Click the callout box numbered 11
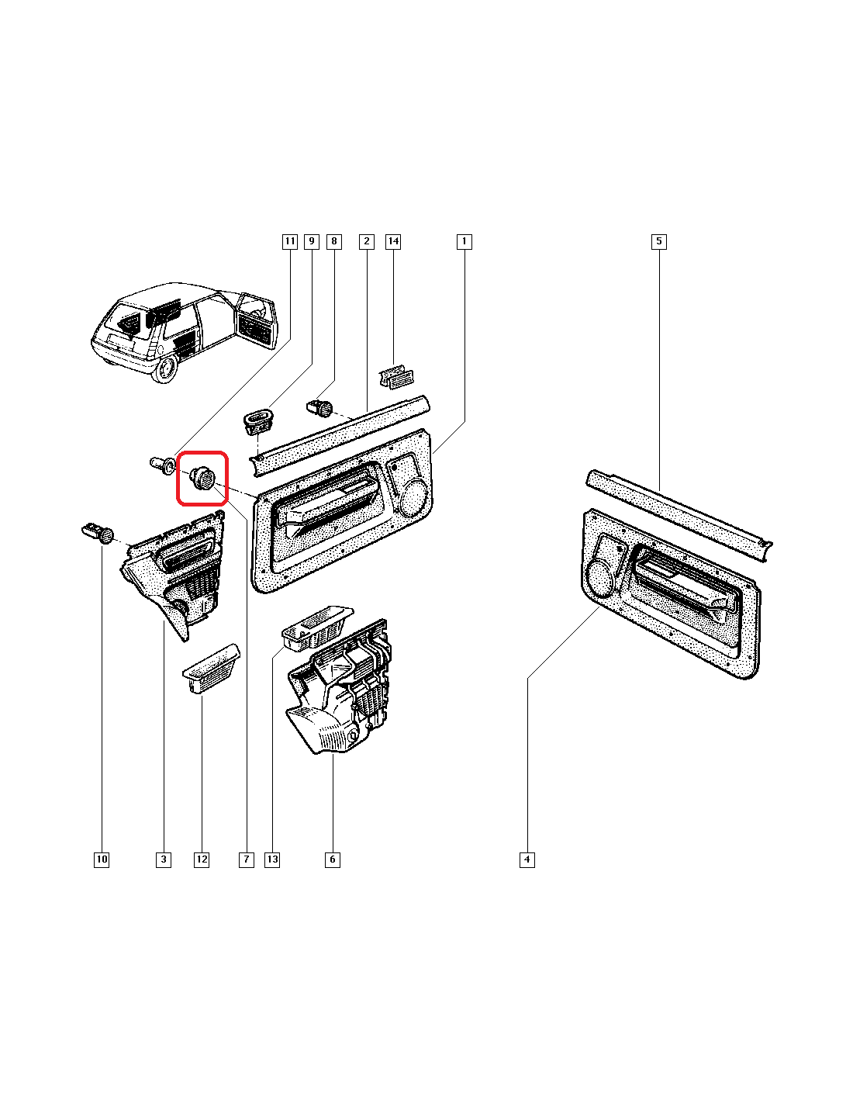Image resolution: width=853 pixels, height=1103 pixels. click(289, 241)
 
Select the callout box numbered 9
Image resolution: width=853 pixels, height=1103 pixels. click(312, 241)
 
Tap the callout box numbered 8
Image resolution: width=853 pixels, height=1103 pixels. click(334, 241)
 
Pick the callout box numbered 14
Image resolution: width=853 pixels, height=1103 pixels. click(393, 241)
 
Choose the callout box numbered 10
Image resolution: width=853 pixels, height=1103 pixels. click(102, 859)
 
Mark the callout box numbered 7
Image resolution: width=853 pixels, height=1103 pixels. click(246, 859)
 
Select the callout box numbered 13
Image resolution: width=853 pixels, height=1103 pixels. click(272, 859)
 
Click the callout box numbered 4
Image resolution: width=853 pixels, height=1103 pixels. click(527, 859)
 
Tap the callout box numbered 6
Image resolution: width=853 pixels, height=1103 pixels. click(333, 859)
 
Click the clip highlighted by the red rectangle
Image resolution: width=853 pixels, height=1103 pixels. click(202, 476)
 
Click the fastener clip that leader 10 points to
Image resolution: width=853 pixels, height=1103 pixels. click(98, 533)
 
